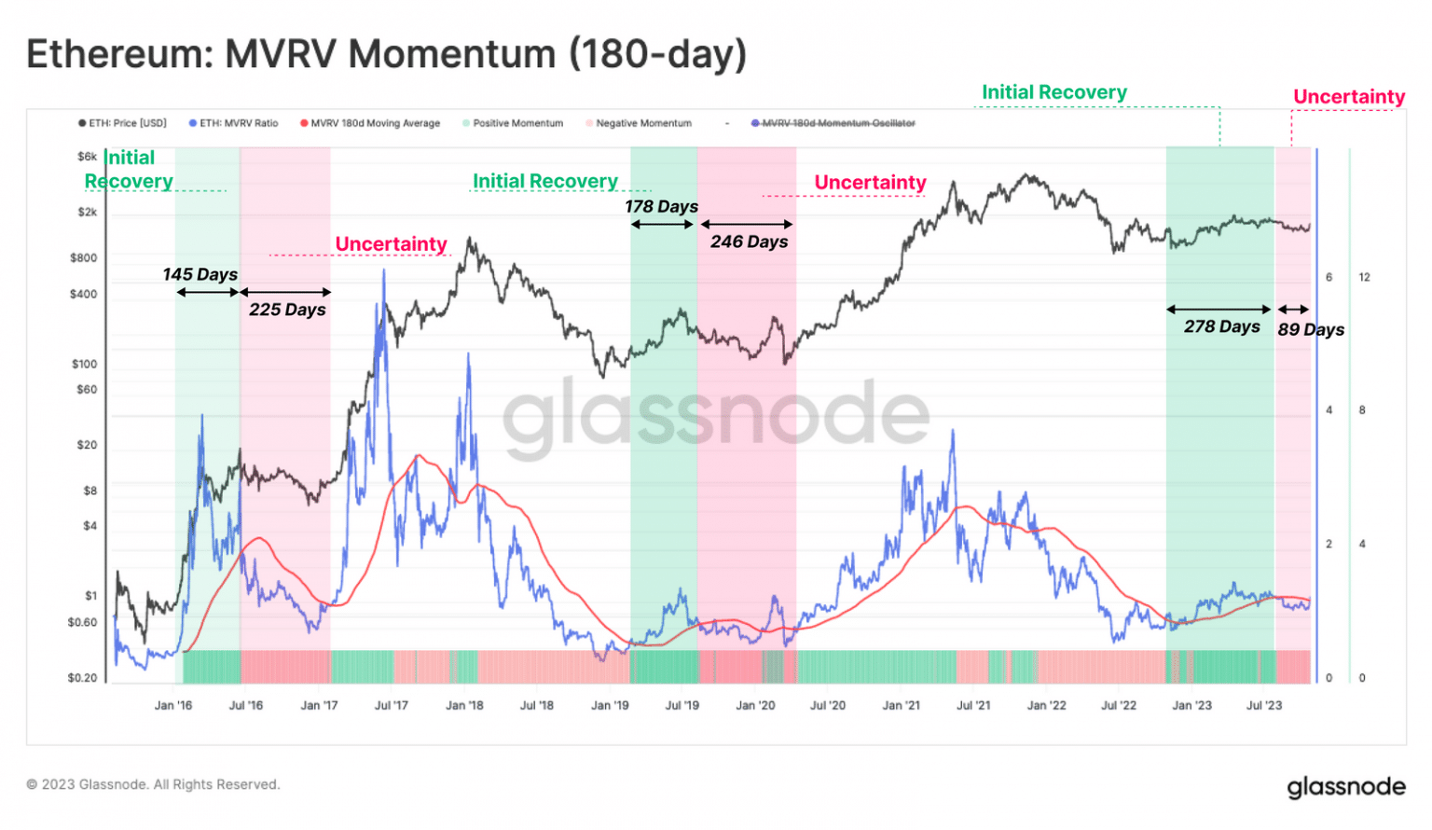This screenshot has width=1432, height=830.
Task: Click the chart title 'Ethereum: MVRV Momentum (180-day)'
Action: [x=386, y=54]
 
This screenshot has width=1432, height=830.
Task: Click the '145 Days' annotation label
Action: [x=200, y=274]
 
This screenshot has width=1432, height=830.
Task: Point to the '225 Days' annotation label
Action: [x=287, y=310]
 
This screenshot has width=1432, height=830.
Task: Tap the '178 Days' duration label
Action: [x=661, y=206]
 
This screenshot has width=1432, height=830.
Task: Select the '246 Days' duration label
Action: [x=749, y=242]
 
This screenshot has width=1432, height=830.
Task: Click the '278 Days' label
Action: [x=1221, y=326]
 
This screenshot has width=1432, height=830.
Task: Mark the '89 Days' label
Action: [x=1311, y=329]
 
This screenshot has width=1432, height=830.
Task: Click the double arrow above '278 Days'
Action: [x=1219, y=309]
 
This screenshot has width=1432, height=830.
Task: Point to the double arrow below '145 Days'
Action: [x=208, y=292]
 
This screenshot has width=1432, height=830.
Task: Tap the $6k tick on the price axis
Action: [x=87, y=157]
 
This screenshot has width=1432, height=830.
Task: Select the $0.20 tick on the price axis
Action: [x=82, y=678]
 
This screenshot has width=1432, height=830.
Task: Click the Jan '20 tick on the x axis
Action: [x=755, y=706]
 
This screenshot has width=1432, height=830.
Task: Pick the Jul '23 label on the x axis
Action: [x=1264, y=706]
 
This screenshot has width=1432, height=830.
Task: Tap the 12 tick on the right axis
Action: [x=1364, y=277]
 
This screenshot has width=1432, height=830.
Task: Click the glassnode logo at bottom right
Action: [x=1345, y=787]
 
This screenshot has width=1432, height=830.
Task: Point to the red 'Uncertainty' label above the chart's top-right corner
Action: [x=1348, y=97]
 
